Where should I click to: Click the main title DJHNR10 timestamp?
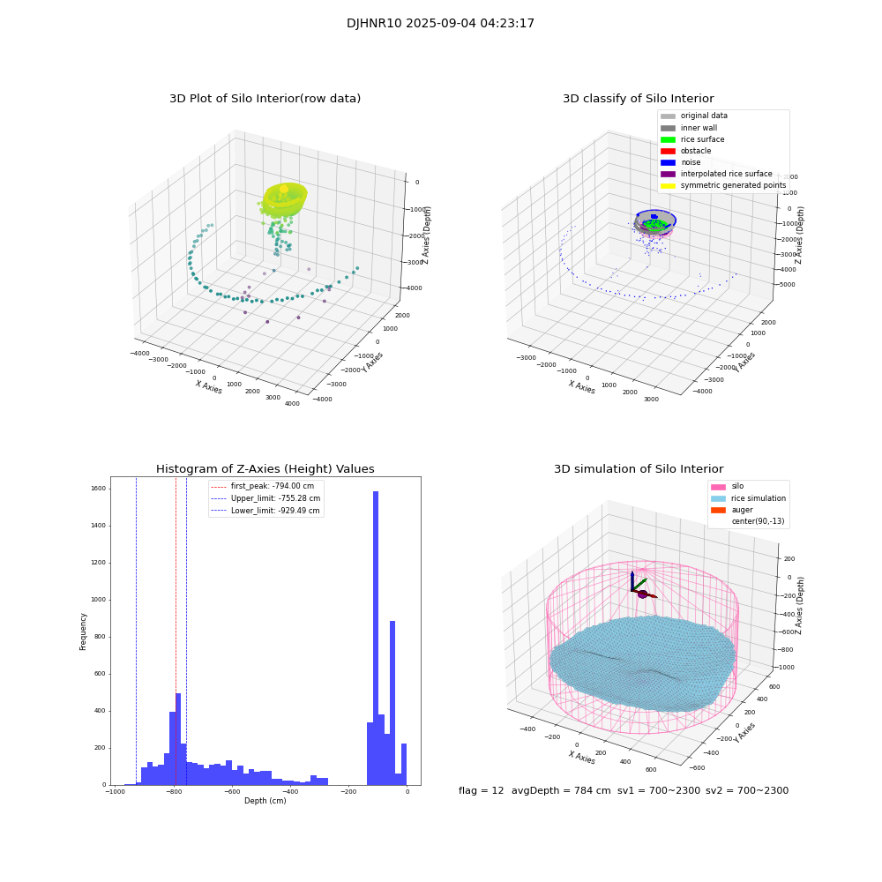(440, 24)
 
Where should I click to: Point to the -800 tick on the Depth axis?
(174, 792)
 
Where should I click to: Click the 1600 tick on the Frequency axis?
(97, 488)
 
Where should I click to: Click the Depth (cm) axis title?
(265, 801)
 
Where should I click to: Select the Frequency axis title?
(84, 631)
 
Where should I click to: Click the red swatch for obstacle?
(668, 151)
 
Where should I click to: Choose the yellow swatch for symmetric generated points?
(668, 185)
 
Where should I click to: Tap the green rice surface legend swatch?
(668, 139)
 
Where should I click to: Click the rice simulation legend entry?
(758, 498)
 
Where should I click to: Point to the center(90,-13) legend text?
(759, 521)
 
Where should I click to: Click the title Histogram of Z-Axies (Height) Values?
(265, 469)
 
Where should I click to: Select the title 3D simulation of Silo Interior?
(638, 469)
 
